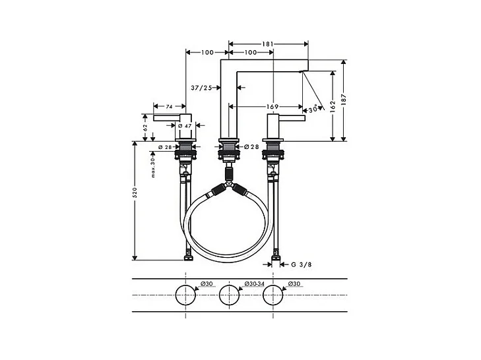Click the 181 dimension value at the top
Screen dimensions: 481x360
pyautogui.click(x=267, y=44)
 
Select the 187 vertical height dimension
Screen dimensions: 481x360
pyautogui.click(x=344, y=100)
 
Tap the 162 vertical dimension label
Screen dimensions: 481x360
pyautogui.click(x=333, y=107)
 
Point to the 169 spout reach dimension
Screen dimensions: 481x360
pyautogui.click(x=273, y=107)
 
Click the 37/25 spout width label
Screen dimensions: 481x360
pyautogui.click(x=201, y=88)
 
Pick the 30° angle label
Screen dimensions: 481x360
pyautogui.click(x=313, y=109)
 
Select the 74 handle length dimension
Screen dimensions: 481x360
pyautogui.click(x=169, y=107)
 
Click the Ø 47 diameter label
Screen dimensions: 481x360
pyautogui.click(x=185, y=126)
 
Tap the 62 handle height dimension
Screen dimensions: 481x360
pyautogui.click(x=145, y=127)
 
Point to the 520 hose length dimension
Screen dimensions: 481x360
pyautogui.click(x=135, y=193)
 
